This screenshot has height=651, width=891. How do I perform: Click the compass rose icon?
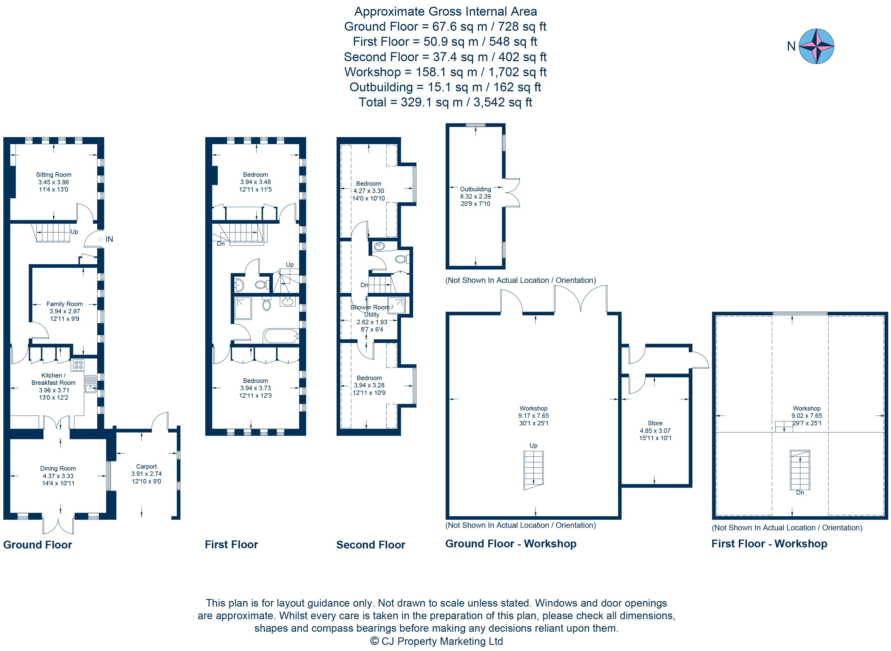[816, 46]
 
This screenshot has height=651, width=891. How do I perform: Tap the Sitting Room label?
[54, 175]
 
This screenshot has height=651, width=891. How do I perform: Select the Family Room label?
[64, 304]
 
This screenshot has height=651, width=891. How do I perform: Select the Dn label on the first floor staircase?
[221, 244]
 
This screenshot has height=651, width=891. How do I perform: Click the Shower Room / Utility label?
[371, 311]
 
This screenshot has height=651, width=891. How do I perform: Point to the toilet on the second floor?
[401, 259]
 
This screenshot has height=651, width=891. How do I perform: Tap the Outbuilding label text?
[475, 189]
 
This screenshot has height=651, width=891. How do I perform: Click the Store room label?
[655, 423]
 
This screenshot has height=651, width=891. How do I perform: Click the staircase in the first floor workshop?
[800, 469]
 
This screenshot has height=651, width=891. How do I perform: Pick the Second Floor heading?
[370, 545]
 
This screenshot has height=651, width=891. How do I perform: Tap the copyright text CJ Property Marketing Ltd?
[436, 641]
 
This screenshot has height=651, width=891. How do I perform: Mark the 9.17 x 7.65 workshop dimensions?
[533, 416]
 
